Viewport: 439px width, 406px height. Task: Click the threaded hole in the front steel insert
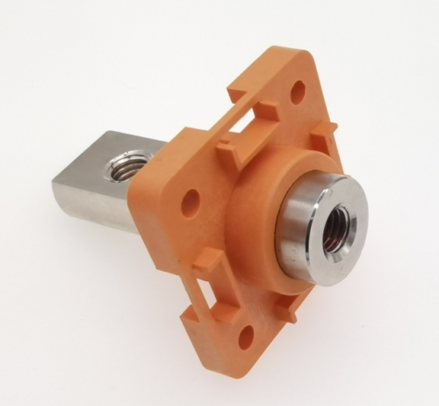coord(335,227)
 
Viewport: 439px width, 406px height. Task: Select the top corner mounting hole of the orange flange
coord(298,89)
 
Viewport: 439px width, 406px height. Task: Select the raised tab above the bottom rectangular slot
coord(204,259)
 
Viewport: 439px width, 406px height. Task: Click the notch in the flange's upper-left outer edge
coord(234,89)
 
